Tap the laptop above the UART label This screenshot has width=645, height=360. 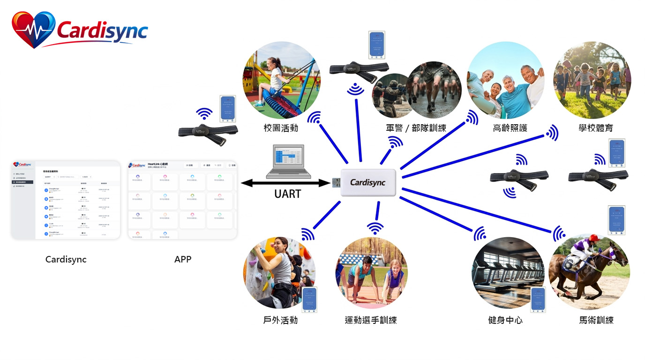[288, 162]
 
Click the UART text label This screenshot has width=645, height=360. [287, 194]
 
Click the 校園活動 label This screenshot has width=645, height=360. [281, 128]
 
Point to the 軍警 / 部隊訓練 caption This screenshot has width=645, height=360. [416, 128]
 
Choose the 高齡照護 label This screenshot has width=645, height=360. [510, 128]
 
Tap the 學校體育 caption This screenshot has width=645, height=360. [595, 128]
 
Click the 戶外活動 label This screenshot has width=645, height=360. [280, 320]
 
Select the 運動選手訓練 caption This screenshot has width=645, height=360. [371, 320]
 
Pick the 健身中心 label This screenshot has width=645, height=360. [505, 320]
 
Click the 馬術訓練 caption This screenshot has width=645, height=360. [596, 320]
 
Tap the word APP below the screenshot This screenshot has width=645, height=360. [183, 259]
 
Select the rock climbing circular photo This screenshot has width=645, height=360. [279, 273]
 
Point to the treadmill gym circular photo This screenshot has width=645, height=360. [508, 273]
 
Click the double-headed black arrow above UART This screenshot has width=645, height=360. [286, 183]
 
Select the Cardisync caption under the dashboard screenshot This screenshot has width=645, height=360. [66, 259]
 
